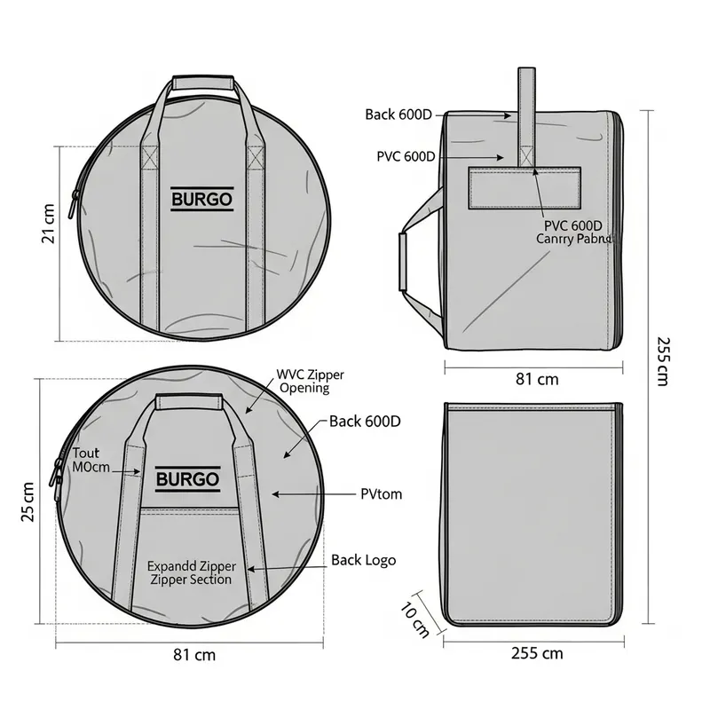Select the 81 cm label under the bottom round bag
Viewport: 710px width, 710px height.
pyautogui.click(x=193, y=656)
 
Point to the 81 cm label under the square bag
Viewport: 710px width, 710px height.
pyautogui.click(x=537, y=379)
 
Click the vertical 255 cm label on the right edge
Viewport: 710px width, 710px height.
pyautogui.click(x=662, y=359)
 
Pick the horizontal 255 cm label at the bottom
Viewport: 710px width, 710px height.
pyautogui.click(x=537, y=653)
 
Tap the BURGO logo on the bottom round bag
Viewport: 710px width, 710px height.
pyautogui.click(x=187, y=480)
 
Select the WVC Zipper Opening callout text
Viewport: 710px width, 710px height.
pyautogui.click(x=304, y=383)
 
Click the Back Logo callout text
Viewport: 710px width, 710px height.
pyautogui.click(x=364, y=560)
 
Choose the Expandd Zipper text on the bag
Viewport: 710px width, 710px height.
pyautogui.click(x=191, y=572)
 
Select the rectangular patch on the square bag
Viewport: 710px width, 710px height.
pyautogui.click(x=525, y=187)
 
